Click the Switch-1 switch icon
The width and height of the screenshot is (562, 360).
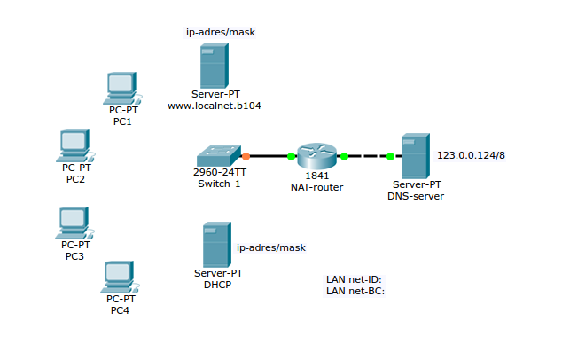click(217, 155)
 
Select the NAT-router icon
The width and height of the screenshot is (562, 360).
click(316, 156)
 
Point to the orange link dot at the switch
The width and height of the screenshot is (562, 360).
click(246, 156)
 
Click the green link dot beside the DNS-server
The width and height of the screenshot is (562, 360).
click(390, 157)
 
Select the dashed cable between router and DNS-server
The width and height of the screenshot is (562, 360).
click(367, 157)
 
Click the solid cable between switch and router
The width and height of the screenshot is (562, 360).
click(268, 156)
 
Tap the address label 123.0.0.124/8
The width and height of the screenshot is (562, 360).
click(471, 155)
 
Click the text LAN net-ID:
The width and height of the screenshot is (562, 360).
click(354, 279)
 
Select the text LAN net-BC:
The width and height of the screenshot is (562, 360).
click(355, 290)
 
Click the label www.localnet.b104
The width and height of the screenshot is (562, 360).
click(214, 106)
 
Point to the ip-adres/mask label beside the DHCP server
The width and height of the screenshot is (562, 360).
click(270, 247)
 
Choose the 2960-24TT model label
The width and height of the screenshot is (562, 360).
click(216, 173)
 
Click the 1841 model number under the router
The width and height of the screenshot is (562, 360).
click(316, 176)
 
